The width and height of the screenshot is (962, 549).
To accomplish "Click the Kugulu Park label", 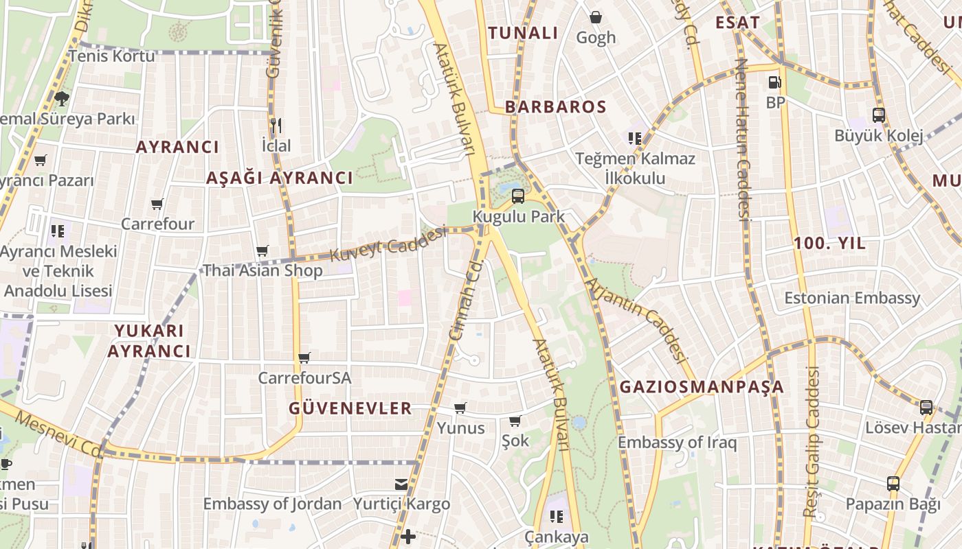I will (x=519, y=217).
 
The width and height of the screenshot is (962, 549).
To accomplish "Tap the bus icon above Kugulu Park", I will (x=517, y=196).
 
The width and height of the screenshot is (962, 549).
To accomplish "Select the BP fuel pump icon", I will (x=774, y=82).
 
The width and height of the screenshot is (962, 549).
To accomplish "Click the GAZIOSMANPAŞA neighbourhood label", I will (x=702, y=387).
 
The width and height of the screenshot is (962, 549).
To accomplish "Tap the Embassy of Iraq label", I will (x=677, y=443).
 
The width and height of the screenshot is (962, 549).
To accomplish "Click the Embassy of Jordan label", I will (x=272, y=504).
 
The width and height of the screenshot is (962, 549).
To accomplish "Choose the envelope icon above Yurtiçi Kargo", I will (x=401, y=484).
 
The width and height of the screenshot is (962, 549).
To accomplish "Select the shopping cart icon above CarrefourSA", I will (x=304, y=358).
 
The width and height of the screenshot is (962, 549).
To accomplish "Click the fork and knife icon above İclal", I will (x=276, y=125).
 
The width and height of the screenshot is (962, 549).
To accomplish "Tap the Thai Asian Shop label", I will (x=262, y=270).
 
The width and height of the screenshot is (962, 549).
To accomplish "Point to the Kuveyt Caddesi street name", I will (x=388, y=245).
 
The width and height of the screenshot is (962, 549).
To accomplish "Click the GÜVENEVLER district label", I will (x=350, y=409).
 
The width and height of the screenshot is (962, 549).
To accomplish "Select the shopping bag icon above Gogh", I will (x=596, y=16).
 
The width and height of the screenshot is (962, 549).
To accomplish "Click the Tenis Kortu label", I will (x=112, y=56).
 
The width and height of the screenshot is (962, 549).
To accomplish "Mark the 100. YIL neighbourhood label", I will (x=829, y=244).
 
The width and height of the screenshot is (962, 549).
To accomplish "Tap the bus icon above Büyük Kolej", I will (x=878, y=115).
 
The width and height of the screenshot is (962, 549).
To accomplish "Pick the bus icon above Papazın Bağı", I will (x=893, y=484).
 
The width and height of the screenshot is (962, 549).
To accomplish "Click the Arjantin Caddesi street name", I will (x=636, y=320).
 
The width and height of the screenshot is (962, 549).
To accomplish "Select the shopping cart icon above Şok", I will (x=515, y=421).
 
